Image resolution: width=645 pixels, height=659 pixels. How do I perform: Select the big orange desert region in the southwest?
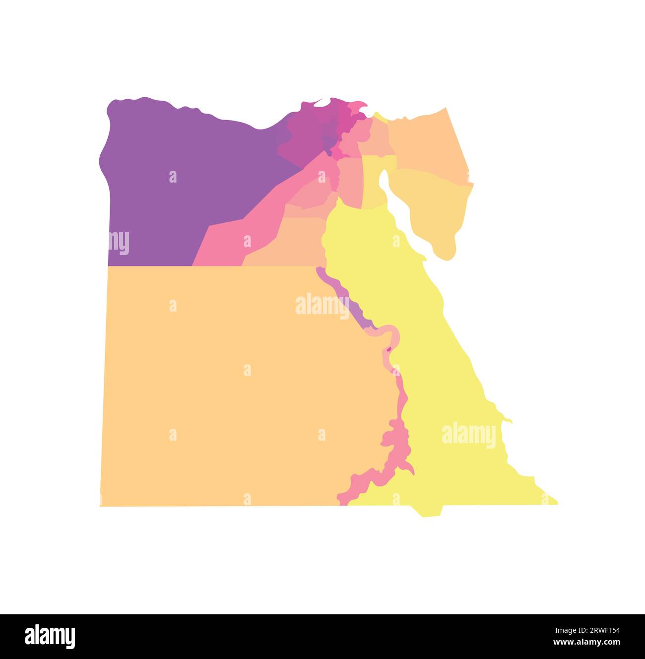[223, 387]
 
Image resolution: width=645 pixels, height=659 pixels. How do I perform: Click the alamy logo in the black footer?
[50, 636]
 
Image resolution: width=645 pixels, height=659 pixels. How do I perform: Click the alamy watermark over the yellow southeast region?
[468, 435]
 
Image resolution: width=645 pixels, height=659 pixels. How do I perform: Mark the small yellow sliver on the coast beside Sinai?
[380, 117]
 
